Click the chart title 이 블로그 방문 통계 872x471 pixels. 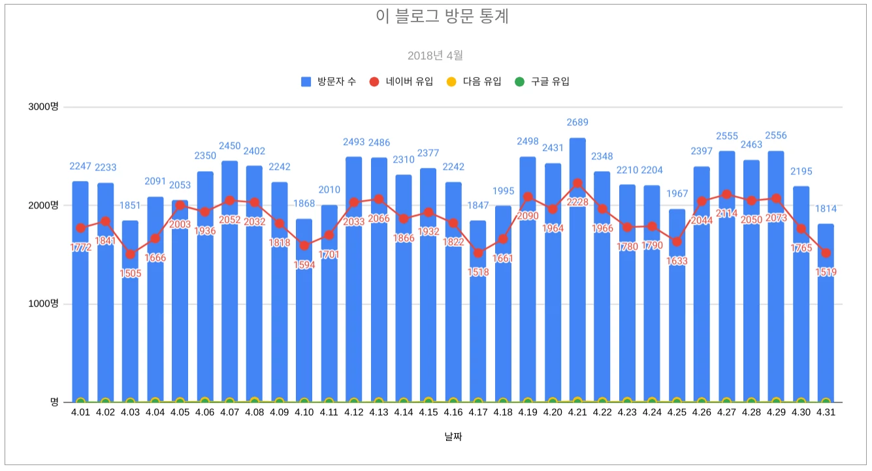tap(442, 17)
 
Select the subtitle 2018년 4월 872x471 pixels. tap(435, 56)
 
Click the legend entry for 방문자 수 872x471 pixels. tap(329, 82)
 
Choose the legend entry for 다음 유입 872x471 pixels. tap(474, 82)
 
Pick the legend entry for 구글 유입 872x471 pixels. tap(542, 82)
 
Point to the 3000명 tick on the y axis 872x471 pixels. tap(43, 107)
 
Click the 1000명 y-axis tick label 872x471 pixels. tap(43, 304)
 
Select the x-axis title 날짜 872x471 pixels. tap(453, 436)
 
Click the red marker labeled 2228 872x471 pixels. tap(577, 184)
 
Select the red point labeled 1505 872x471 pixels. tap(130, 254)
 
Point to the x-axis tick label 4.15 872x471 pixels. tap(428, 413)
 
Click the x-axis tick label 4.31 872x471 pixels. tap(826, 413)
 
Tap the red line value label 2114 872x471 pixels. tap(726, 214)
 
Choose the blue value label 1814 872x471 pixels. tap(826, 209)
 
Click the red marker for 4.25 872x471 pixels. tap(677, 242)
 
